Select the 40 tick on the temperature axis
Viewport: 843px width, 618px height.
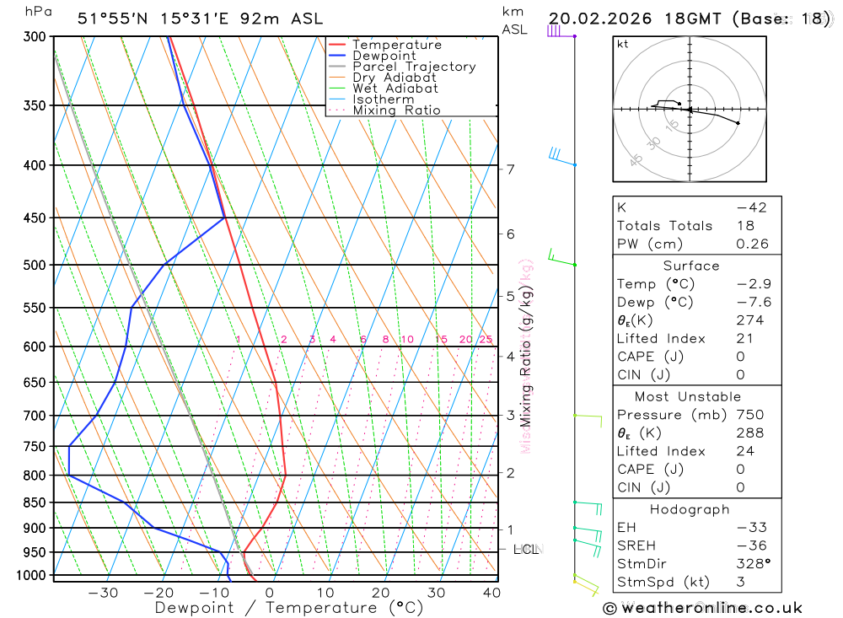point(491,593)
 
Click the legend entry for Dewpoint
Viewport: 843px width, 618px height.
point(384,56)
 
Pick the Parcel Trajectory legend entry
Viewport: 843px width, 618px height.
point(414,67)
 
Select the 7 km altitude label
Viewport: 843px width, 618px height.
point(511,169)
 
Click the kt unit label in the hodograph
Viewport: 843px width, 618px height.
point(623,44)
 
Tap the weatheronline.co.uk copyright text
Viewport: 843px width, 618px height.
point(702,608)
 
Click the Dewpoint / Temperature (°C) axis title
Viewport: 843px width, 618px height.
point(288,608)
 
